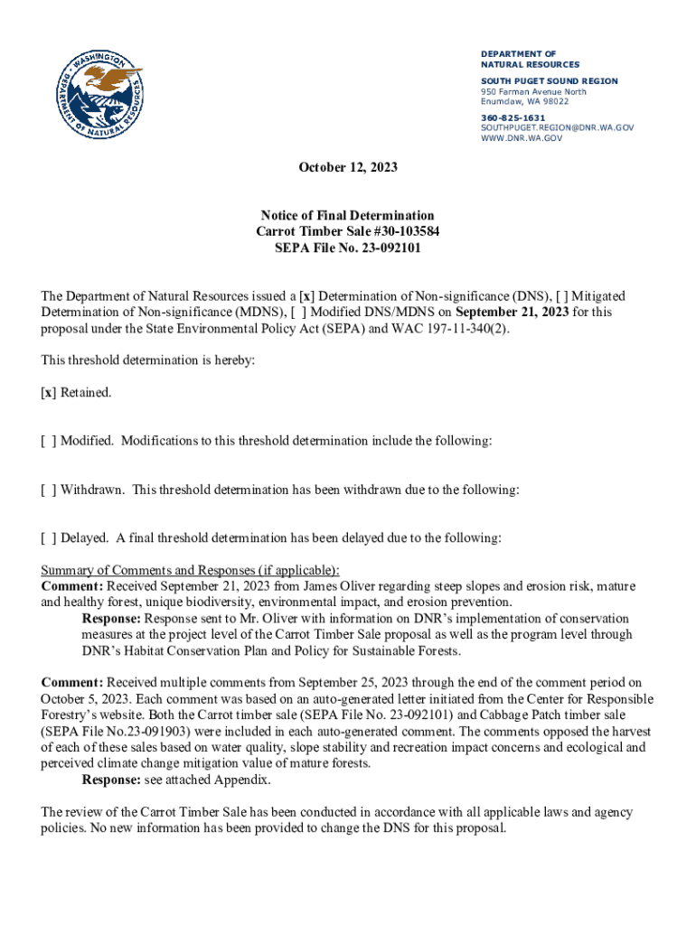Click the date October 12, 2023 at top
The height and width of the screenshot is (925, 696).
pyautogui.click(x=348, y=168)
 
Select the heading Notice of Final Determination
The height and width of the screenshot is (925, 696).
pyautogui.click(x=348, y=215)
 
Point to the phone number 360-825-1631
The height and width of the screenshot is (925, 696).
pyautogui.click(x=513, y=117)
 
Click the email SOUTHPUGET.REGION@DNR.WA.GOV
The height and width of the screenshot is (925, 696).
pyautogui.click(x=557, y=127)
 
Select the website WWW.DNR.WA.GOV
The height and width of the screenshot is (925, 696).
pyautogui.click(x=522, y=138)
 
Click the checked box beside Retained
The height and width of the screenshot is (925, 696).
pyautogui.click(x=49, y=393)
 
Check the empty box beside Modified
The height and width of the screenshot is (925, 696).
pyautogui.click(x=49, y=441)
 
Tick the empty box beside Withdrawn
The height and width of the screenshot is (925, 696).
pyautogui.click(x=49, y=490)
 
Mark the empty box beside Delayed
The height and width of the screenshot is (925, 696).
pyautogui.click(x=49, y=537)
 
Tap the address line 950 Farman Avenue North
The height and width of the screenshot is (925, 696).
pyautogui.click(x=533, y=91)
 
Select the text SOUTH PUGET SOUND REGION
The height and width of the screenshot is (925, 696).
pyautogui.click(x=549, y=81)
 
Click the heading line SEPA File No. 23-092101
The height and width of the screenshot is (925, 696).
pyautogui.click(x=348, y=248)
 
